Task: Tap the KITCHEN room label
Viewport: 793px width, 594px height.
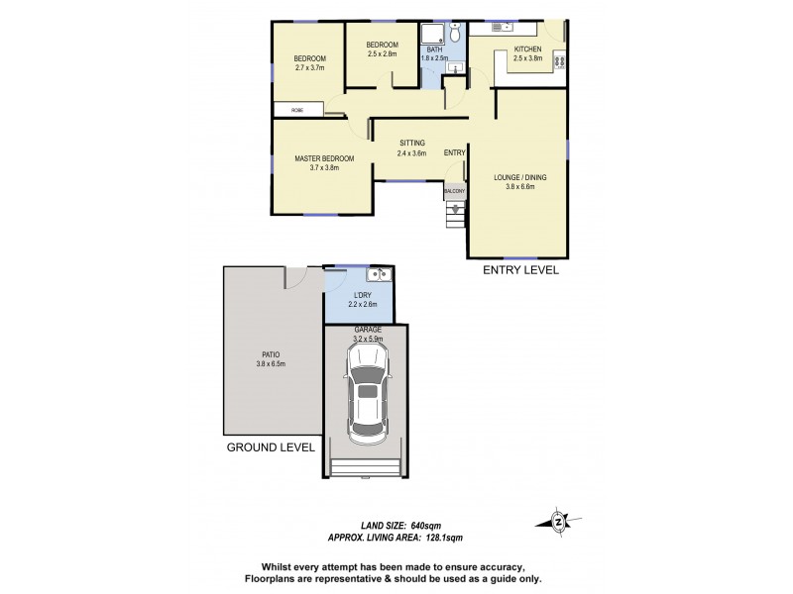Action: click(x=526, y=49)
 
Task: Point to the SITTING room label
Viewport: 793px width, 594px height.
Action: click(x=411, y=144)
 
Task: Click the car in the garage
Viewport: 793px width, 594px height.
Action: click(x=367, y=396)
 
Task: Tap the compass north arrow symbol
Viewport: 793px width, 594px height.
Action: click(x=559, y=521)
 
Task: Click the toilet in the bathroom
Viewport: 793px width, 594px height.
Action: click(x=455, y=35)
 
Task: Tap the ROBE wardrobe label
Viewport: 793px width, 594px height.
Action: click(x=296, y=109)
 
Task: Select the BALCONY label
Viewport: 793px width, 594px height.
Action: click(x=455, y=190)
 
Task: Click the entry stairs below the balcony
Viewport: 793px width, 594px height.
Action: click(x=455, y=214)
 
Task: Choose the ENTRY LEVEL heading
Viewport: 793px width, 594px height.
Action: click(x=519, y=269)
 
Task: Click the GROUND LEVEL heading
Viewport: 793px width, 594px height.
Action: click(x=271, y=446)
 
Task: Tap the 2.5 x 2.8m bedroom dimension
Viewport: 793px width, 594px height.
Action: click(x=382, y=54)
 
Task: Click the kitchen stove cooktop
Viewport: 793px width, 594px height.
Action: click(x=559, y=62)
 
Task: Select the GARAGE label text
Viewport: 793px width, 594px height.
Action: click(x=366, y=329)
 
